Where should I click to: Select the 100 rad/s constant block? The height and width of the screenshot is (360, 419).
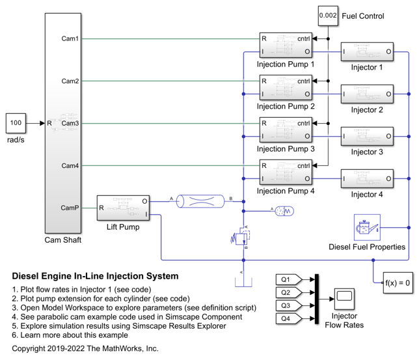(x=16, y=122)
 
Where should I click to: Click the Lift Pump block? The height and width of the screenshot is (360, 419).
(x=124, y=208)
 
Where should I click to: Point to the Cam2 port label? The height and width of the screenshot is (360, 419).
(x=70, y=81)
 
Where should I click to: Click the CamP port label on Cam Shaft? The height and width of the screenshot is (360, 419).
(x=70, y=208)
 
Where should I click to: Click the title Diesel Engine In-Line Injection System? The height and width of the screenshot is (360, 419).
(x=95, y=277)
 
